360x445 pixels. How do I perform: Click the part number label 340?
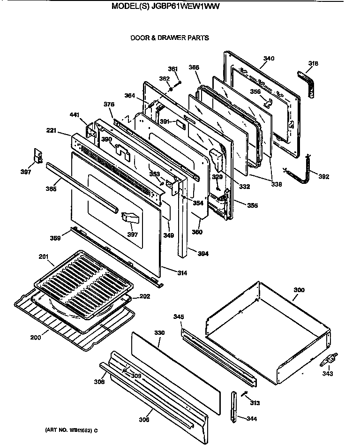click(268, 59)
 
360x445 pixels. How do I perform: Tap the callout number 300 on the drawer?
click(299, 290)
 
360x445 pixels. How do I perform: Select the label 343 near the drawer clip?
click(327, 373)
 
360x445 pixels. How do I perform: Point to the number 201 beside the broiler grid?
click(43, 256)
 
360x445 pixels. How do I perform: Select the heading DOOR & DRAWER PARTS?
click(170, 38)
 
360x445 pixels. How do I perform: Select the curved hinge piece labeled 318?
click(307, 84)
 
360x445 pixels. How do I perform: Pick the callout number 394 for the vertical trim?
click(202, 254)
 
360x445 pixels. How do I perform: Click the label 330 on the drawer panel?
click(160, 332)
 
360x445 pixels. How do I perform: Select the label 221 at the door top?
click(51, 131)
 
